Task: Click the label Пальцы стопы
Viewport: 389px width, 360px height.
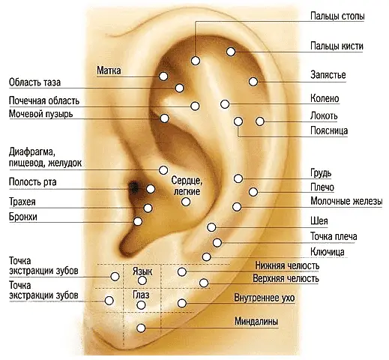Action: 337,16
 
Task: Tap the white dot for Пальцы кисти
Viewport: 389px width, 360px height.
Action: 231,52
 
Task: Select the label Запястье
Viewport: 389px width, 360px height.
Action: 328,75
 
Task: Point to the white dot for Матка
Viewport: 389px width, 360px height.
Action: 163,76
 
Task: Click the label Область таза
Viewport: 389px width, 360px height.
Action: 34,82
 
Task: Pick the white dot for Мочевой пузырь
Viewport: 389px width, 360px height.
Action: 164,118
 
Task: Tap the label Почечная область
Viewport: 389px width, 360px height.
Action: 44,100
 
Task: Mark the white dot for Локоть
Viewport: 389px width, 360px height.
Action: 260,121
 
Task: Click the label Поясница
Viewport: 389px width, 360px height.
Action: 329,130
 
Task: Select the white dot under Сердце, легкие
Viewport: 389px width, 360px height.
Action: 186,202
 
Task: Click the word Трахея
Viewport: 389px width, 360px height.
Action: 22,202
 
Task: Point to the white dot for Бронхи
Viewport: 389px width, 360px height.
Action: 138,221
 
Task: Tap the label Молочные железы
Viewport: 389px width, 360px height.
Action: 346,201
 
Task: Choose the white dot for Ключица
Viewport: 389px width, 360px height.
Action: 206,256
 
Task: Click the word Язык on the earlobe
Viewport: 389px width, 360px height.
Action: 142,271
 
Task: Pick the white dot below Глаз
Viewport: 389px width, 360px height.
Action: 141,305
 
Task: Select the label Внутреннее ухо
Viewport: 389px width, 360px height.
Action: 265,298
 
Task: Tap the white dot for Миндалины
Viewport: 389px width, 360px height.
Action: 141,328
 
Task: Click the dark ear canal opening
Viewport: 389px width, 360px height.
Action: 134,187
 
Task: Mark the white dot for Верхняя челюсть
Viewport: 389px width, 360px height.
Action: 204,283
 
